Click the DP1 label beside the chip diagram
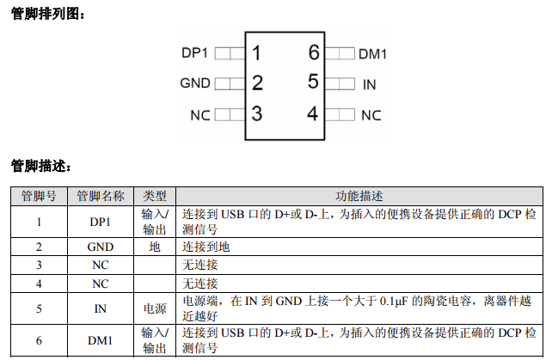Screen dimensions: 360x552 click(195, 53)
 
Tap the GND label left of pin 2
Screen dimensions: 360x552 click(195, 84)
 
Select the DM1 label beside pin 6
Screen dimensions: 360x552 click(372, 54)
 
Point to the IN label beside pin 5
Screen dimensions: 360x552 click(370, 84)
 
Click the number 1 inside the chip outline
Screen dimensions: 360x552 click(256, 53)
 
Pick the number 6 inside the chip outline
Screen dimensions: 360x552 click(313, 53)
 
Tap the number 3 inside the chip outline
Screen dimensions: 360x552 click(256, 113)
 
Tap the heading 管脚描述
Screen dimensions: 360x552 click(40, 164)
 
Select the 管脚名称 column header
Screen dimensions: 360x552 click(101, 196)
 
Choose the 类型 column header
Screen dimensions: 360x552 click(155, 196)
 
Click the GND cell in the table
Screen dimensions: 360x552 click(100, 247)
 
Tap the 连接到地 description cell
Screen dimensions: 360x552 click(206, 247)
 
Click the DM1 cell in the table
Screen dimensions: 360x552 click(100, 341)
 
